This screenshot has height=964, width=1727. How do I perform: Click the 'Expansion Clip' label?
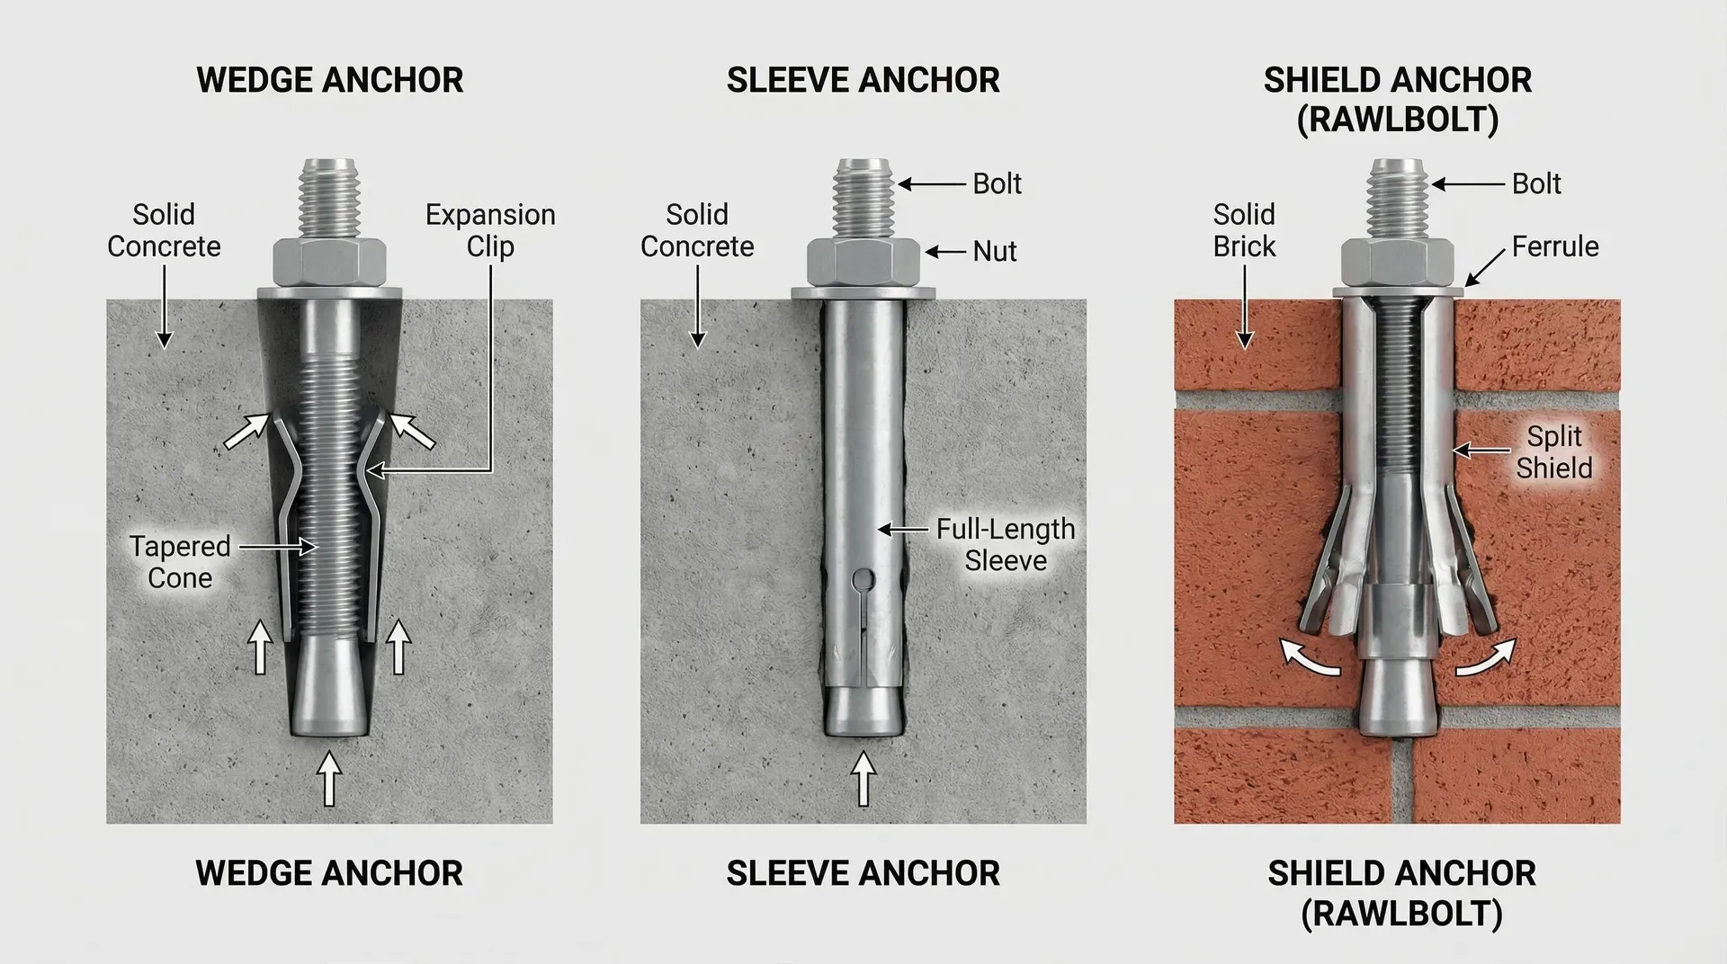tap(490, 230)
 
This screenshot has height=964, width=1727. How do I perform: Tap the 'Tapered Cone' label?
tap(180, 561)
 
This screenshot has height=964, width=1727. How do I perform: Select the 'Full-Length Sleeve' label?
tap(1006, 544)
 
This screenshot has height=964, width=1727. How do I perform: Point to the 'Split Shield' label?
tap(1554, 451)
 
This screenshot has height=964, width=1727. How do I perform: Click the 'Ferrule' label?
tap(1555, 245)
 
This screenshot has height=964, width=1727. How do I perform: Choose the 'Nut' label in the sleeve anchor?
tap(995, 251)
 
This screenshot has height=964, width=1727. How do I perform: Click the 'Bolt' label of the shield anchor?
tap(1536, 183)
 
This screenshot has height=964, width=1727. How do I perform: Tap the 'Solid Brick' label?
tap(1244, 230)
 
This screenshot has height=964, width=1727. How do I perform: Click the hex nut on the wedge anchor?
tap(330, 262)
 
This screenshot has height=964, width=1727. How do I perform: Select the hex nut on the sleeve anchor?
tap(863, 262)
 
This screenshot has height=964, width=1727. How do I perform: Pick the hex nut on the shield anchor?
tap(1397, 262)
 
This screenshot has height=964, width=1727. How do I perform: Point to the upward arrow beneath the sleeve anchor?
tap(863, 778)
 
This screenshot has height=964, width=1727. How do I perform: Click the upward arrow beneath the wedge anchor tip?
tap(330, 778)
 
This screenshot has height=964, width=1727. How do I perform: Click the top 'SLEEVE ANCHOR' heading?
tap(863, 80)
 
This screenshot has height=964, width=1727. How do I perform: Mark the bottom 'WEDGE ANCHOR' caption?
tap(329, 873)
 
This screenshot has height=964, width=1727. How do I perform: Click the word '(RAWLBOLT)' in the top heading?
tap(1398, 120)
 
